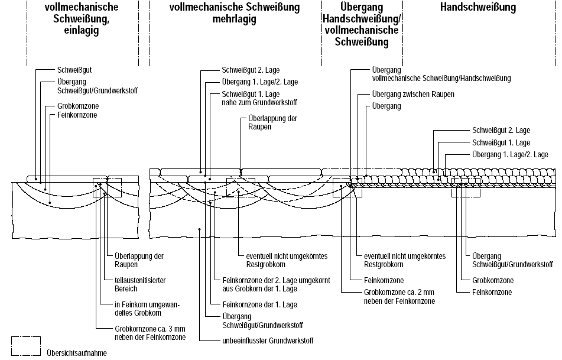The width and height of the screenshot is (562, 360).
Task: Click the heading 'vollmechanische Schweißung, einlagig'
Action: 82,19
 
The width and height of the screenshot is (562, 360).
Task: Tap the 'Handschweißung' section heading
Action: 478,8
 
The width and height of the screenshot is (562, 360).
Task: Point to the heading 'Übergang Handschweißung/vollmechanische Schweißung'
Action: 362,25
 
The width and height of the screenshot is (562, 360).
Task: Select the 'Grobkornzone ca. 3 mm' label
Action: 150,332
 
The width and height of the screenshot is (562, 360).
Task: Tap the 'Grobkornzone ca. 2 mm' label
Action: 399,297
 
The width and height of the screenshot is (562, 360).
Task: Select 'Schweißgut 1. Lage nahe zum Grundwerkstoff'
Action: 255,98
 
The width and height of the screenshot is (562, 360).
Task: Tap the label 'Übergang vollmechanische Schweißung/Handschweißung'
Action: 441,74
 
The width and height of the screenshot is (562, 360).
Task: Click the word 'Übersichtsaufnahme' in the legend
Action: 77,353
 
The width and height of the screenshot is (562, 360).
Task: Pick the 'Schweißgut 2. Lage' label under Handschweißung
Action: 501,130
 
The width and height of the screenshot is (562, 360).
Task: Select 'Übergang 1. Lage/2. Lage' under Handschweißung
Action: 510,154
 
